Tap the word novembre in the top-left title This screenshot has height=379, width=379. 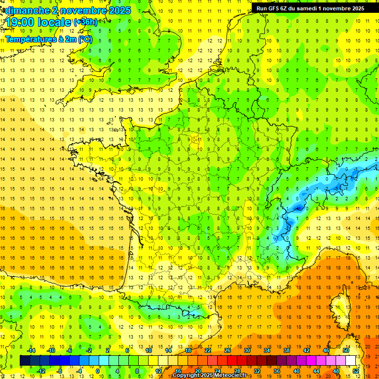point(81,10)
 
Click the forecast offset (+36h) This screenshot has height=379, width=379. point(85,22)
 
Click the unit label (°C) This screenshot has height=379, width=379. point(84,38)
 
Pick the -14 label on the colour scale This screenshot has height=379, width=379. point(32,350)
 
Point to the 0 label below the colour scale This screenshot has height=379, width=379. point(98,371)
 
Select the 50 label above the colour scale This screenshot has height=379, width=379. point(345,350)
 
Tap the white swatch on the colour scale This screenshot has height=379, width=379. point(350,360)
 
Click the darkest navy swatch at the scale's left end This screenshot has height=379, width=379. point(25,360)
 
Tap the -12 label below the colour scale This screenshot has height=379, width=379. point(42,371)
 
